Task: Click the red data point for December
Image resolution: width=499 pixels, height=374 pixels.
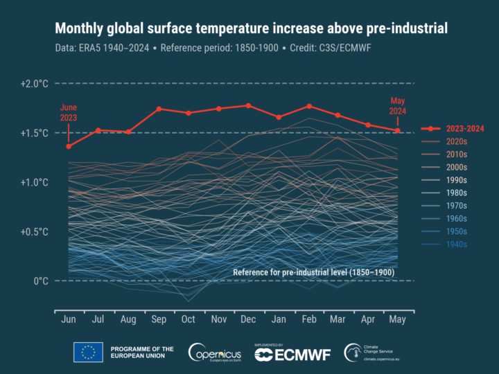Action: [x=248, y=105]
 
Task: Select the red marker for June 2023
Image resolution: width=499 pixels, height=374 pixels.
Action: [x=69, y=146]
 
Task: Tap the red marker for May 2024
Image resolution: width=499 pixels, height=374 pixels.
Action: [x=398, y=130]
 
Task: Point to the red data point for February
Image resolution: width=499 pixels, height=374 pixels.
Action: [x=308, y=106]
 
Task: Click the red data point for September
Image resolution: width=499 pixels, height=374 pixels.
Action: [x=159, y=109]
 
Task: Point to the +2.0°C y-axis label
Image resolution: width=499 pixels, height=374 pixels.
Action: [x=33, y=84]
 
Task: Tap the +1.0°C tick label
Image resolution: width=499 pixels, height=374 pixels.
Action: [x=33, y=182]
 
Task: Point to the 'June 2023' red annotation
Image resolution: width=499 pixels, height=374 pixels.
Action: [x=68, y=113]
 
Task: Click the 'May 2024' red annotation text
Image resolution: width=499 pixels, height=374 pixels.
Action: [x=398, y=106]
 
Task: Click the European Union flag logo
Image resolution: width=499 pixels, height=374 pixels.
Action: [x=88, y=353]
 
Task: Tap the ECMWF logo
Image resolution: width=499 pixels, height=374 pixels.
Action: [x=293, y=353]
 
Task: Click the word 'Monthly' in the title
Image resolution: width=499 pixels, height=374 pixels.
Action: [x=82, y=28]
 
